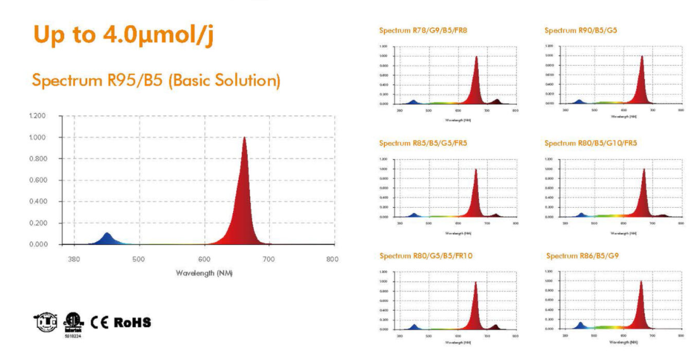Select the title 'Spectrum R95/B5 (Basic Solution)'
click(x=155, y=81)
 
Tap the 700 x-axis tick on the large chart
click(x=268, y=259)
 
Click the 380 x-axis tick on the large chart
click(x=74, y=259)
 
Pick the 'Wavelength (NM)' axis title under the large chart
click(x=203, y=273)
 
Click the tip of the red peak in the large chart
click(x=244, y=138)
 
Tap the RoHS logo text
click(x=132, y=322)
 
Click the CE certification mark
click(x=100, y=322)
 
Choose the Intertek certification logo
click(x=72, y=323)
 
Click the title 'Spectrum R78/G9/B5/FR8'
click(x=423, y=30)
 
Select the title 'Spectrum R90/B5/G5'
click(x=580, y=30)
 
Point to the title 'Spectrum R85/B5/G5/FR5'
click(x=423, y=143)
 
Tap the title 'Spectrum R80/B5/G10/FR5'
click(x=591, y=143)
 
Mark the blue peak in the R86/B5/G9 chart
click(x=581, y=325)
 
